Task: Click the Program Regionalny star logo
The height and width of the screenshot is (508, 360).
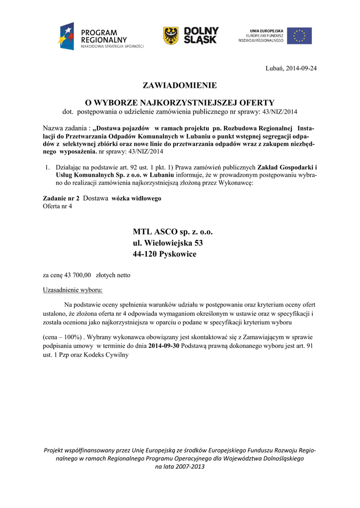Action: [66, 36]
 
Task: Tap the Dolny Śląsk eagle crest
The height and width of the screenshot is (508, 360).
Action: [171, 36]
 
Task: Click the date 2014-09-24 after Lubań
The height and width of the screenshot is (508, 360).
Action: [301, 67]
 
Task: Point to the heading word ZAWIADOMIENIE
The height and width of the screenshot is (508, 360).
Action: [180, 85]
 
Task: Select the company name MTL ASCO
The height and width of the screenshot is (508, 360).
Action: [154, 232]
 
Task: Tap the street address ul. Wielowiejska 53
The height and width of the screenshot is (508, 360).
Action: [168, 243]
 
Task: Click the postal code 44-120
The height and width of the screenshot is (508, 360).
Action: [143, 254]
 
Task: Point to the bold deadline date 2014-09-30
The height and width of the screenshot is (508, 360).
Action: [164, 345]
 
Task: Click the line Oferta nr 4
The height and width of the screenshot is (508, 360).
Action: [58, 206]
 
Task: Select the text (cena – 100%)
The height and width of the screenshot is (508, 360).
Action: [63, 336]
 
